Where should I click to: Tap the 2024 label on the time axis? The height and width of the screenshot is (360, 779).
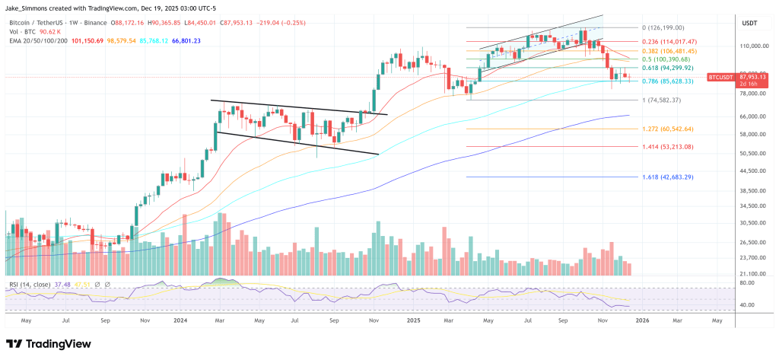180,320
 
